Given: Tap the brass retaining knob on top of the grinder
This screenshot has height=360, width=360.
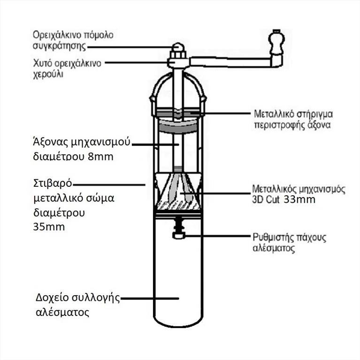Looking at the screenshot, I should (177, 48).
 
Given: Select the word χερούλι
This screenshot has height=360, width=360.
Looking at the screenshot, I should (48, 73).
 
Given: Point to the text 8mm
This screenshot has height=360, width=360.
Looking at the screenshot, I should (100, 156).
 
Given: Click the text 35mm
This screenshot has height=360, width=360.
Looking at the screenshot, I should (49, 227).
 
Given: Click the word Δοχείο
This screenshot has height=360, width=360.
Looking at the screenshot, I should (52, 299).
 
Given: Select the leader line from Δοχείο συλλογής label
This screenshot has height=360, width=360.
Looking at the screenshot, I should (150, 298).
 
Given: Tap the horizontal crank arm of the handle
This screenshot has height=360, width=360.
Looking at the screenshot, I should (230, 61).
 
